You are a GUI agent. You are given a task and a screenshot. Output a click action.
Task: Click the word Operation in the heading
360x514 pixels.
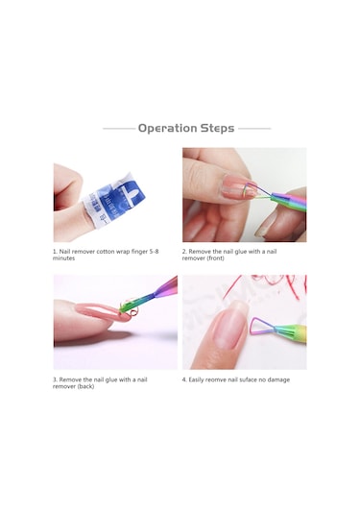(167, 128)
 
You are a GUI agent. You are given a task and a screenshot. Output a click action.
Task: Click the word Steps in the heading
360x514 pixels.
(217, 128)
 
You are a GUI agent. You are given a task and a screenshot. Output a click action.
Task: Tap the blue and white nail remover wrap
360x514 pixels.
(114, 202)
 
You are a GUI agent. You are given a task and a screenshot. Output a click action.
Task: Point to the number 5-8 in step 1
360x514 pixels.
(154, 252)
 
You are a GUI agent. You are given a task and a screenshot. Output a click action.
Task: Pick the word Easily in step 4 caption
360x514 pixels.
(196, 379)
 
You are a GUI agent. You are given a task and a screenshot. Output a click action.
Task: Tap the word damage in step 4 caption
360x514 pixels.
(278, 379)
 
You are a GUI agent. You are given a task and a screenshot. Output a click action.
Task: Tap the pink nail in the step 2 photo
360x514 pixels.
(238, 186)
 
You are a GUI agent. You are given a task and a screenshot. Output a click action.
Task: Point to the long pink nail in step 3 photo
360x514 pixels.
(98, 312)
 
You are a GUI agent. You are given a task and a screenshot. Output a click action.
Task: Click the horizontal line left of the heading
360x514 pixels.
(119, 129)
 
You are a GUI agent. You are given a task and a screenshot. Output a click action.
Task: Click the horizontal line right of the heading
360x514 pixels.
(254, 129)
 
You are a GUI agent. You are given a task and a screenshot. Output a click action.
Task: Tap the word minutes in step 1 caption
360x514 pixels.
(64, 258)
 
